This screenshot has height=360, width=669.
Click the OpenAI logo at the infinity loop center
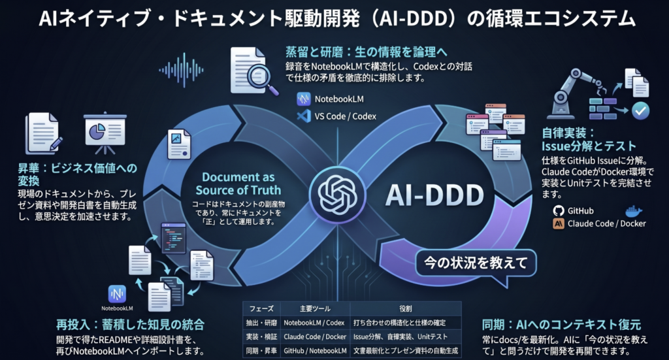coord(334,192)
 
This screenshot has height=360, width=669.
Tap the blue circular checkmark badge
coord(642,112)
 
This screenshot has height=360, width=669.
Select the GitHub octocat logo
coord(558,211)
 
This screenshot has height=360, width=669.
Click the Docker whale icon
coord(634,211)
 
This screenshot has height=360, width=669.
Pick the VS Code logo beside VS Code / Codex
coord(302,116)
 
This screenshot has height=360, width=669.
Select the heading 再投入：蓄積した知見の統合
coord(130,325)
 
